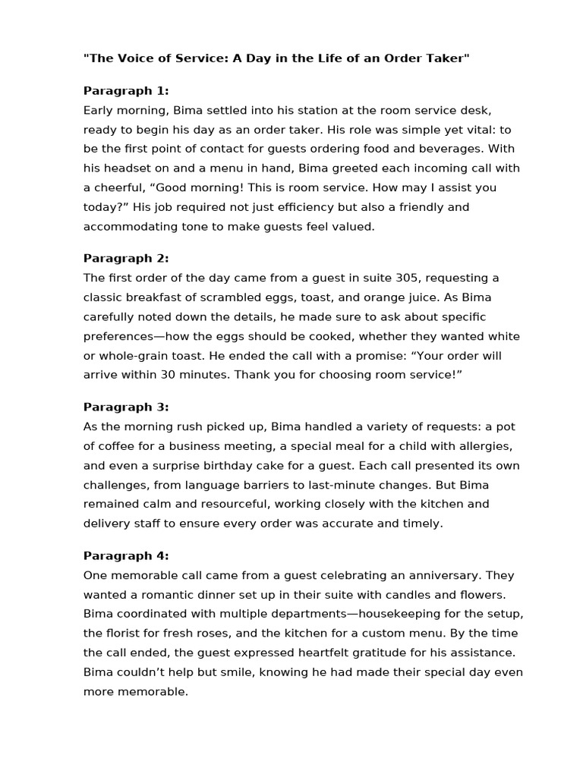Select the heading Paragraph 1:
point(126,91)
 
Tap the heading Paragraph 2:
point(126,258)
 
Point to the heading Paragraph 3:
point(126,407)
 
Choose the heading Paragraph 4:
point(126,555)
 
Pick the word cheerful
point(125,187)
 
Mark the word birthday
point(221,465)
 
